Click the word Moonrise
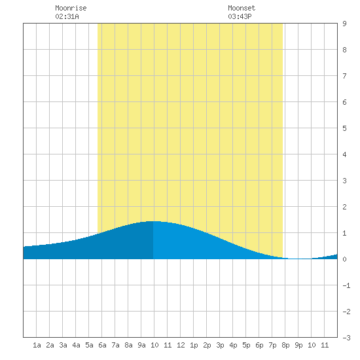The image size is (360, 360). pos(71,8)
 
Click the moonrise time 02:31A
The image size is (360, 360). pos(67,16)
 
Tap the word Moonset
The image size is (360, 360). pos(242,8)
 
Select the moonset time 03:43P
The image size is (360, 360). pos(240,16)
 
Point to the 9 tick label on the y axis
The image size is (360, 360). pos(344,24)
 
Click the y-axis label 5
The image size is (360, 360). pos(344,128)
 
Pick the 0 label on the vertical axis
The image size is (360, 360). pos(344,259)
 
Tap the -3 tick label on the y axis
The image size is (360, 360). pos(346,338)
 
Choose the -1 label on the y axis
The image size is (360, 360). pos(346,285)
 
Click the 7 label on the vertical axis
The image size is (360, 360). pos(344,76)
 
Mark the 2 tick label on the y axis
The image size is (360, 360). pos(344,207)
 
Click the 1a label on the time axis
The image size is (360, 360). pos(37,345)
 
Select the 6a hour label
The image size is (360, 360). pos(102,345)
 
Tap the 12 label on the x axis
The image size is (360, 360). pos(181,345)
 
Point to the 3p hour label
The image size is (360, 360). pos(220,345)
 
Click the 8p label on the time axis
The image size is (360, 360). pos(285,345)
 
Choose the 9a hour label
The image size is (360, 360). pos(141,345)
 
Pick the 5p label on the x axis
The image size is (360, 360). pos(246,345)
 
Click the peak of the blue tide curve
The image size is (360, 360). pos(153,221)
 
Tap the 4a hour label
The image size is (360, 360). pos(76,345)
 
